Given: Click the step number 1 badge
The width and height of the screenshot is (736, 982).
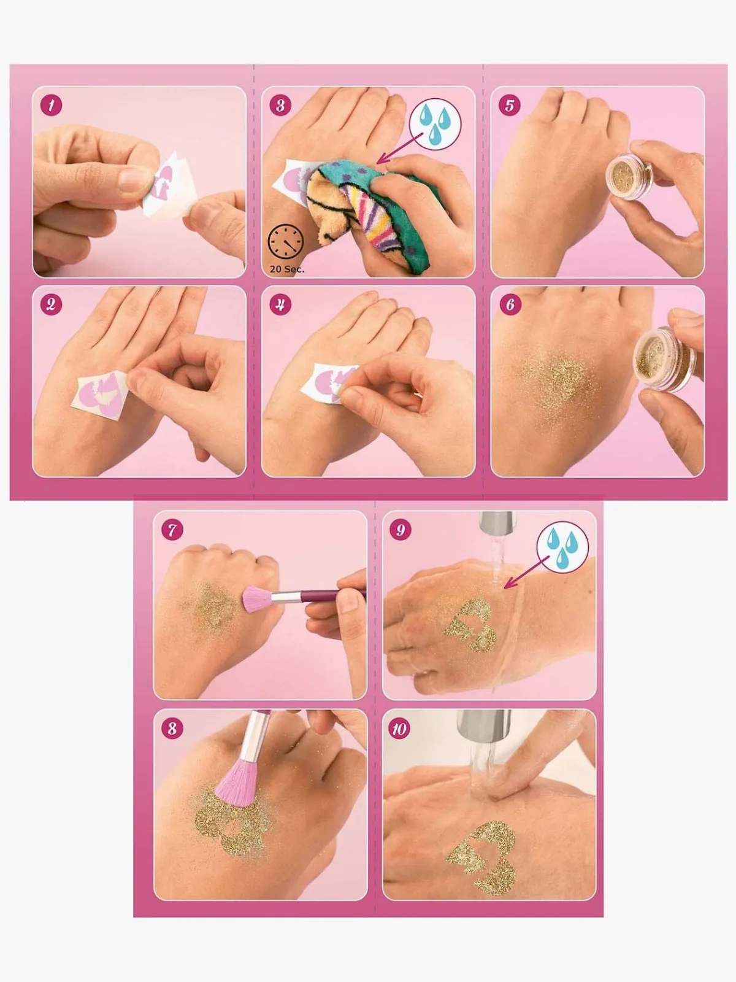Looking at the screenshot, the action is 52,106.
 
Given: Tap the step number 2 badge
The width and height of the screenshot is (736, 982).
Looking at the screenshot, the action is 52,304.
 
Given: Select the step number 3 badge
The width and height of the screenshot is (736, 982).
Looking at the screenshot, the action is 281,106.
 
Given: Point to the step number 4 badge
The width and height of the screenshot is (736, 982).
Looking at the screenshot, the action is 281,304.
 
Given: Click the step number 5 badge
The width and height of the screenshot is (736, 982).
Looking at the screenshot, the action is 510,106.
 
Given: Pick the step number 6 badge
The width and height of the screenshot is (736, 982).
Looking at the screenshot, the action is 510,304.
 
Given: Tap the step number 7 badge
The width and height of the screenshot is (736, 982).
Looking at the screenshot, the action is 172,530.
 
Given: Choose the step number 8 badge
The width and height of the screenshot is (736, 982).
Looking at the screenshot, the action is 172,729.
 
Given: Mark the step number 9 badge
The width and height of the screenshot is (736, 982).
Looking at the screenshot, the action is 401,530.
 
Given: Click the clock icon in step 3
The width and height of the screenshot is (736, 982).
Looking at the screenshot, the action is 286,242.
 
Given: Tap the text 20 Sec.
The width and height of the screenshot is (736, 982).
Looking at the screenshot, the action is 287,269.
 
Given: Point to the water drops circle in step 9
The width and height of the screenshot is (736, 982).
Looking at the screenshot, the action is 562,549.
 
